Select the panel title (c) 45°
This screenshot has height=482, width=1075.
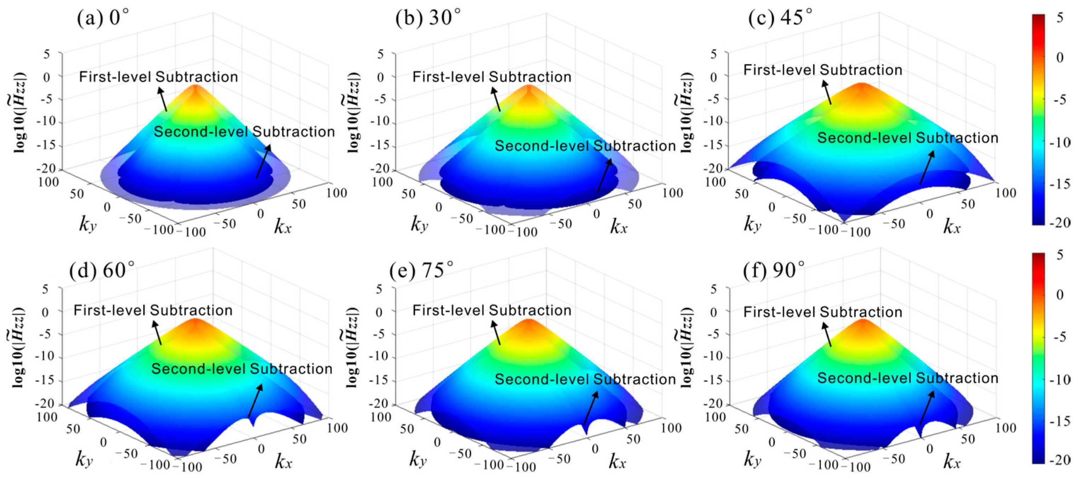click(x=780, y=18)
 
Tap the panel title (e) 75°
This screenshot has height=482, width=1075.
click(x=421, y=270)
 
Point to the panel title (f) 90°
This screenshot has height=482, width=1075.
click(x=774, y=270)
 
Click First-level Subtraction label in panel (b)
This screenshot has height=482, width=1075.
click(x=492, y=77)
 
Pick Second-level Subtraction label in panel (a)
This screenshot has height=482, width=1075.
click(x=244, y=132)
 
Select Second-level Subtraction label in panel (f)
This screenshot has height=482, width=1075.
click(x=907, y=378)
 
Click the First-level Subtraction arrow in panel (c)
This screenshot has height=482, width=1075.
click(x=827, y=92)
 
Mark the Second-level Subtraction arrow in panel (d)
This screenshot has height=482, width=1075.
click(x=256, y=401)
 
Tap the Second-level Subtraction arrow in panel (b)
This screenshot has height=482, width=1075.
click(x=605, y=175)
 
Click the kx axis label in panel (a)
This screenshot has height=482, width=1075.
click(x=282, y=226)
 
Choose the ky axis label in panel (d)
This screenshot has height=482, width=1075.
click(x=84, y=459)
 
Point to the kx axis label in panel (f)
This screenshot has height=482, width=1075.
click(x=952, y=461)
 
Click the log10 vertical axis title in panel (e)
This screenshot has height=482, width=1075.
click(x=353, y=347)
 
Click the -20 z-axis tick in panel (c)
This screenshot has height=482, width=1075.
click(x=713, y=168)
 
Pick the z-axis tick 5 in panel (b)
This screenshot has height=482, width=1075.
click(x=380, y=54)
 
